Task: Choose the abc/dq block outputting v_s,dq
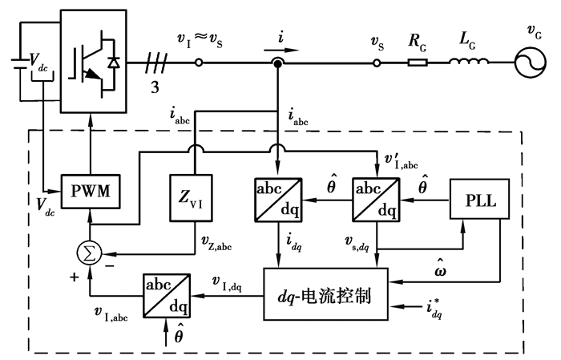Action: [377, 196]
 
